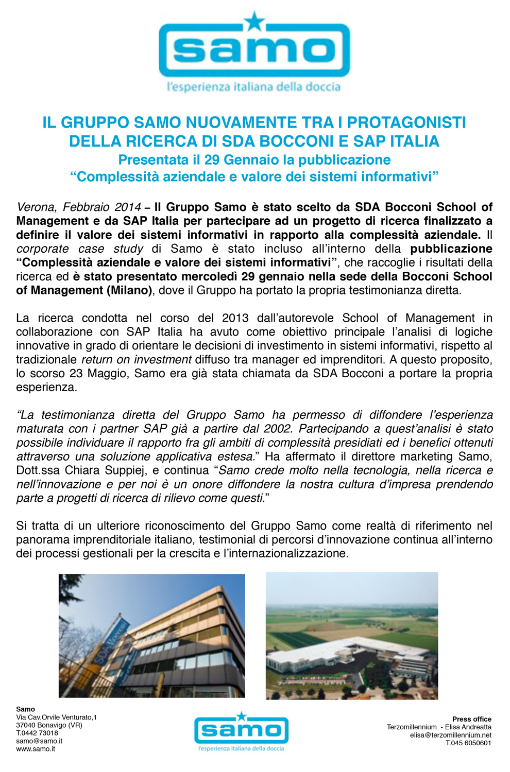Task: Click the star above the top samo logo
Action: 254,21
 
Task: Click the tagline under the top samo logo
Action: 253,87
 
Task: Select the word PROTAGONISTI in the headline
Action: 406,122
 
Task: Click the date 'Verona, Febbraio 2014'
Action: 79,207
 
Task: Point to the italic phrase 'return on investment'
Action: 137,359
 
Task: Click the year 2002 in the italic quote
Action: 278,429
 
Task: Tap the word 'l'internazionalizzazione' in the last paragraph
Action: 283,554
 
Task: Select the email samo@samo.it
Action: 39,741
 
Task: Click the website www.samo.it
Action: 36,749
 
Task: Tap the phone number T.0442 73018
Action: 37,733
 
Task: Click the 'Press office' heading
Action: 471,719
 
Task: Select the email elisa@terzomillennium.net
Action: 450,735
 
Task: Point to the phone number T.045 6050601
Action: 468,743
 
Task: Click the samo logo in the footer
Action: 241,730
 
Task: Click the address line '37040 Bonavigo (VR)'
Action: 49,725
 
